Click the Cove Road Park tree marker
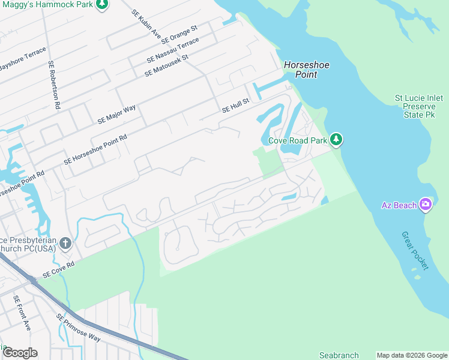(337, 140)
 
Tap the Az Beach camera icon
(426, 205)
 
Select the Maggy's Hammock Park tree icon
(103, 4)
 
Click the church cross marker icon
(65, 244)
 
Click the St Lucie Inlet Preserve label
(419, 106)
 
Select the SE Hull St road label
(235, 106)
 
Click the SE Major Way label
(117, 114)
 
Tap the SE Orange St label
(179, 35)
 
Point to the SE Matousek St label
(166, 65)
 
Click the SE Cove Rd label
(58, 269)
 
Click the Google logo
(20, 353)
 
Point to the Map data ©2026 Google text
(412, 355)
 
